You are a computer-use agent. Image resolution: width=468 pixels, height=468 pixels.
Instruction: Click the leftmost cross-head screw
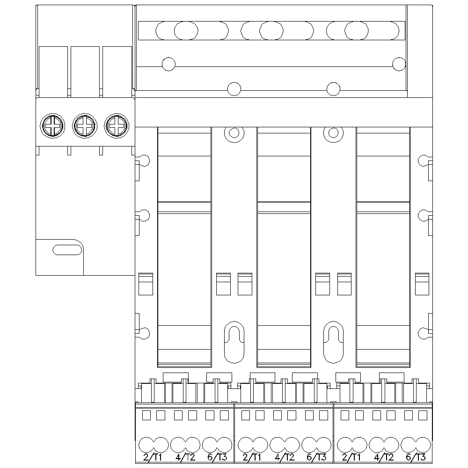[51, 125]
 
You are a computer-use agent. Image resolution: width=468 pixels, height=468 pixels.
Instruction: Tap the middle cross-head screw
[84, 125]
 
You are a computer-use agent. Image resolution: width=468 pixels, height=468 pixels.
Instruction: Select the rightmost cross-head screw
[115, 125]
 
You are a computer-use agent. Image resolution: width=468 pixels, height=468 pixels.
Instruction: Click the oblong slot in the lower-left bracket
[67, 249]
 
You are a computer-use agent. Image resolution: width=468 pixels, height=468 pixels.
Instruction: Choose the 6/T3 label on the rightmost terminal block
[416, 457]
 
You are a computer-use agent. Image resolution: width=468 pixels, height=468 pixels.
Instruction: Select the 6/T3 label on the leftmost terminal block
[217, 457]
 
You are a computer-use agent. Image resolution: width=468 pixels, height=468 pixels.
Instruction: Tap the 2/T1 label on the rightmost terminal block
[351, 457]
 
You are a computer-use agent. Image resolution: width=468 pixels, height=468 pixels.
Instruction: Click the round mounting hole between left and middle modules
[234, 133]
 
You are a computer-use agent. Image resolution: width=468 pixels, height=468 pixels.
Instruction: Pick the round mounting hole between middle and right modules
[333, 133]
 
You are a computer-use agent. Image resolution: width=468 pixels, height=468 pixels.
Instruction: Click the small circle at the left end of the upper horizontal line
[168, 64]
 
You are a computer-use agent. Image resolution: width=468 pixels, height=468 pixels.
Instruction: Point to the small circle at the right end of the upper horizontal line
[399, 64]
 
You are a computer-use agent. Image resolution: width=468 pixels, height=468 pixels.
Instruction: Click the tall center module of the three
[284, 248]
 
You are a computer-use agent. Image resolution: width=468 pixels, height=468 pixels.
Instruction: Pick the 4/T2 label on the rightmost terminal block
[384, 457]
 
